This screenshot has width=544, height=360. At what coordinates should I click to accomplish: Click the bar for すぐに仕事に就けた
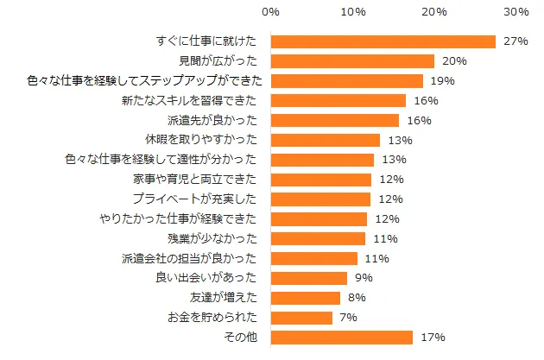(x=383, y=41)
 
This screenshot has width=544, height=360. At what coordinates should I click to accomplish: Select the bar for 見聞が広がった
(x=352, y=61)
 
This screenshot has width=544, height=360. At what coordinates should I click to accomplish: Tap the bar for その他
(x=342, y=338)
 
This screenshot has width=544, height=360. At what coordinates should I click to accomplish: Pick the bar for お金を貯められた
(x=301, y=318)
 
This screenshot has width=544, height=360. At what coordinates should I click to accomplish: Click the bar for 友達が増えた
(x=306, y=298)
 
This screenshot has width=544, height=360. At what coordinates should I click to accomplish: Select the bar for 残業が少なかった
(x=318, y=238)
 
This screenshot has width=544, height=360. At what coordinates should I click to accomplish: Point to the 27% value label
(x=515, y=41)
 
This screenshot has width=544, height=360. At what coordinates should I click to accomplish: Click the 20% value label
(x=454, y=61)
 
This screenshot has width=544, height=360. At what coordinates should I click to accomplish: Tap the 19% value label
(x=443, y=81)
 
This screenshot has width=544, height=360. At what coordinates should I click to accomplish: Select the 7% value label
(x=349, y=318)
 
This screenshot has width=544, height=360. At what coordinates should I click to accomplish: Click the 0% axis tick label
(x=270, y=12)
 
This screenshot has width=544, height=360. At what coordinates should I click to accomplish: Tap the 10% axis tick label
(x=352, y=12)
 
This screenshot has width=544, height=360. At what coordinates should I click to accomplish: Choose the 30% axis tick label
(x=516, y=12)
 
